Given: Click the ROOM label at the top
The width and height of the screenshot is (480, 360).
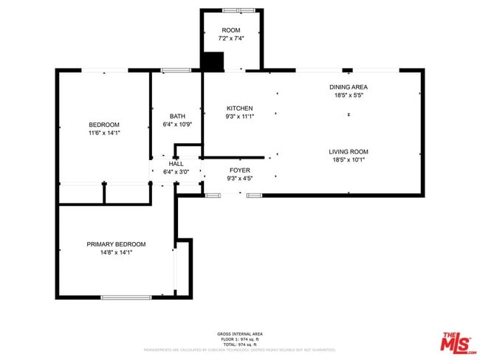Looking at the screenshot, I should coord(230,30).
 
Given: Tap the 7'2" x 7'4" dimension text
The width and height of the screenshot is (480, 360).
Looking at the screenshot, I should coord(230,38).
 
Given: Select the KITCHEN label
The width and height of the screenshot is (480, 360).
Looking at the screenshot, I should coord(239,108).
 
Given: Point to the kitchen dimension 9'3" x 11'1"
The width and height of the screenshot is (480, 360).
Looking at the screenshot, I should coord(239,117).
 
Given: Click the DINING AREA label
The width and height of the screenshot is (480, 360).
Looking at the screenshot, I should coord(349,87).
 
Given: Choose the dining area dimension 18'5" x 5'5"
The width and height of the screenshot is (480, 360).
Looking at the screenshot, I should coord(349,95).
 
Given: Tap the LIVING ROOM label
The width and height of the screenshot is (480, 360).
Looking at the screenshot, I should coord(349,152).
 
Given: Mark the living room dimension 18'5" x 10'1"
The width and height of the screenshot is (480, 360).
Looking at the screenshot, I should coord(349,160).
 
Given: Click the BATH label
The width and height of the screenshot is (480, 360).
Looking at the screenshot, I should coord(177,116).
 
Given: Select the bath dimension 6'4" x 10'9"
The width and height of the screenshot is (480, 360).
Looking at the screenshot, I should coord(177,125).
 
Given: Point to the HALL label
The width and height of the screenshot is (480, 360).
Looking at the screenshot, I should coord(176,164).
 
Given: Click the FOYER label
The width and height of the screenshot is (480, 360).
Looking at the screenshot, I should coord(239,170).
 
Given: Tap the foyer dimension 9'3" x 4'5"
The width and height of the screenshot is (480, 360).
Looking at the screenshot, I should coord(239,178).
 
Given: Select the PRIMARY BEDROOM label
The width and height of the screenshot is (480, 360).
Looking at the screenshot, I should coord(116,244).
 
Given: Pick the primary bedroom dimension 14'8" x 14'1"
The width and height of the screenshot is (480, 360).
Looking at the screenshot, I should coord(116,252).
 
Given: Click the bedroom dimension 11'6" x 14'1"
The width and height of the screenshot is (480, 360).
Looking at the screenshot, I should coord(104,133).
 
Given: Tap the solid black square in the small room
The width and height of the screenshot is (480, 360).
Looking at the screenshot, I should coord(213,62).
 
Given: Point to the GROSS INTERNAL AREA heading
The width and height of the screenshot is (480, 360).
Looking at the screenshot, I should coord(239,334).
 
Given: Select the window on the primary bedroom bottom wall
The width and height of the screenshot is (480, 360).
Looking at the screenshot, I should coord(126,297).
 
